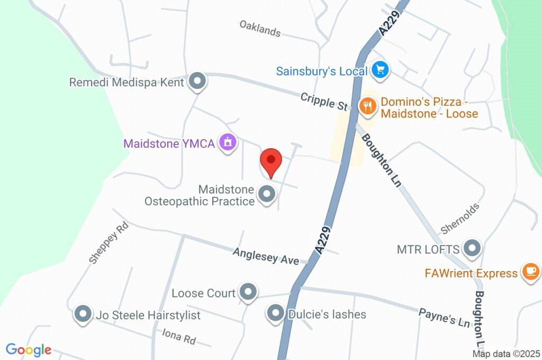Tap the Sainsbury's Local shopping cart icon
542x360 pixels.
tap(380, 69)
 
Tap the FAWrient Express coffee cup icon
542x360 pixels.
tap(530, 272)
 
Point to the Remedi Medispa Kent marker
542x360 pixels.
tap(198, 82)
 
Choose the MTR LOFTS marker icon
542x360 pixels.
tap(471, 248)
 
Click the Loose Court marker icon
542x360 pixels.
tap(248, 292)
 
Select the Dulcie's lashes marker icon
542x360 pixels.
tap(276, 314)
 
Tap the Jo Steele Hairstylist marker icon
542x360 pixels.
tap(83, 315)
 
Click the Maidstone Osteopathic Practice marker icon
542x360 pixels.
tap(266, 194)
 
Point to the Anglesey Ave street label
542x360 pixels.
tap(266, 256)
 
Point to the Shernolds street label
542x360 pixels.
tap(460, 218)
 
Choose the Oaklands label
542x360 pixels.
tap(259, 28)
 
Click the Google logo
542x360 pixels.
tap(29, 349)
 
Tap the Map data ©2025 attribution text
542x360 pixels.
tap(506, 354)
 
